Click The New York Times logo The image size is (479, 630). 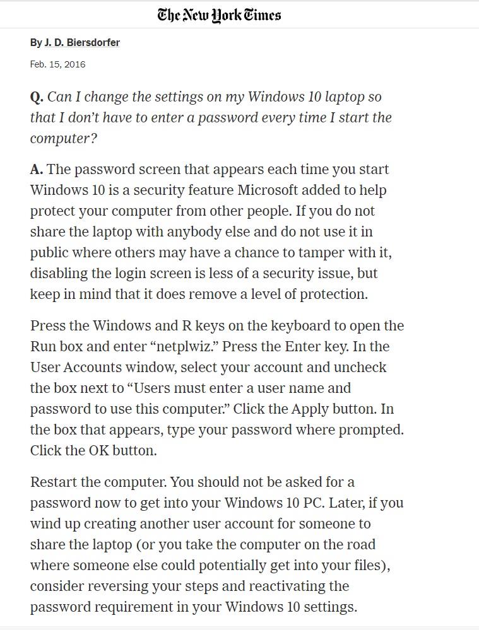click(x=219, y=15)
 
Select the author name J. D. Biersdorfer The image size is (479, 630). click(x=81, y=43)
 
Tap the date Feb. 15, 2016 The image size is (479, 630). click(x=57, y=64)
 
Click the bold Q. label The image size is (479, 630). click(x=37, y=97)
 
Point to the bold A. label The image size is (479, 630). click(x=37, y=170)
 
